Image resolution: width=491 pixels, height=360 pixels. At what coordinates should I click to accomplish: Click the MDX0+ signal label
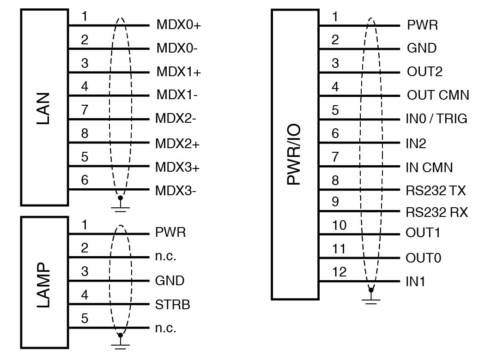coord(179,25)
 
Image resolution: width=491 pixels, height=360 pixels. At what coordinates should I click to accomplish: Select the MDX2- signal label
coord(176,119)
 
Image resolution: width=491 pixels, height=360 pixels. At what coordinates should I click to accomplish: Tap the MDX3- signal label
coord(176,191)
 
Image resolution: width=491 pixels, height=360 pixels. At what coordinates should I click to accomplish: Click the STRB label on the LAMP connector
coord(173,305)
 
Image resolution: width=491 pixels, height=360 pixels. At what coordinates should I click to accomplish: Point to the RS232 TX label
coord(436,190)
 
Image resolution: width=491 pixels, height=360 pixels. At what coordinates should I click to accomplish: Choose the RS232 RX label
coord(436,212)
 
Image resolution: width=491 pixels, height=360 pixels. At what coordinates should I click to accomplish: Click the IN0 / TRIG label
coord(436,119)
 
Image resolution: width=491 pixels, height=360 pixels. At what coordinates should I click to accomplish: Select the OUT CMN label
coord(438,96)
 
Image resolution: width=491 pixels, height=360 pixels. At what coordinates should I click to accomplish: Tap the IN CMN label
coord(429,167)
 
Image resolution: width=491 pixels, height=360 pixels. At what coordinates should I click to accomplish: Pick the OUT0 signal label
coord(423,258)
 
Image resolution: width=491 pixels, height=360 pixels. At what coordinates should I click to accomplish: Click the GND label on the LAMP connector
coord(170,281)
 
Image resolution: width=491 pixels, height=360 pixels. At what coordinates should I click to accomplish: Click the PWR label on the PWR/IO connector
coord(422,24)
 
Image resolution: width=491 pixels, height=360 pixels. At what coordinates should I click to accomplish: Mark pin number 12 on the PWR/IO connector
coord(339,272)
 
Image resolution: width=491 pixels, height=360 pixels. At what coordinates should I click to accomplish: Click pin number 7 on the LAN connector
coord(85,110)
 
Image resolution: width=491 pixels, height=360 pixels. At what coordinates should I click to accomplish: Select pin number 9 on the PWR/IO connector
coord(335,202)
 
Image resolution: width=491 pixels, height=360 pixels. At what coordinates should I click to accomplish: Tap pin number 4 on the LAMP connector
coord(85,294)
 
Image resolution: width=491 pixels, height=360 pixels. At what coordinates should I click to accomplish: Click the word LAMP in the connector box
coord(44,286)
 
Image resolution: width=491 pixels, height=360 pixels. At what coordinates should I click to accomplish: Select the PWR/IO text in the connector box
coord(294,154)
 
